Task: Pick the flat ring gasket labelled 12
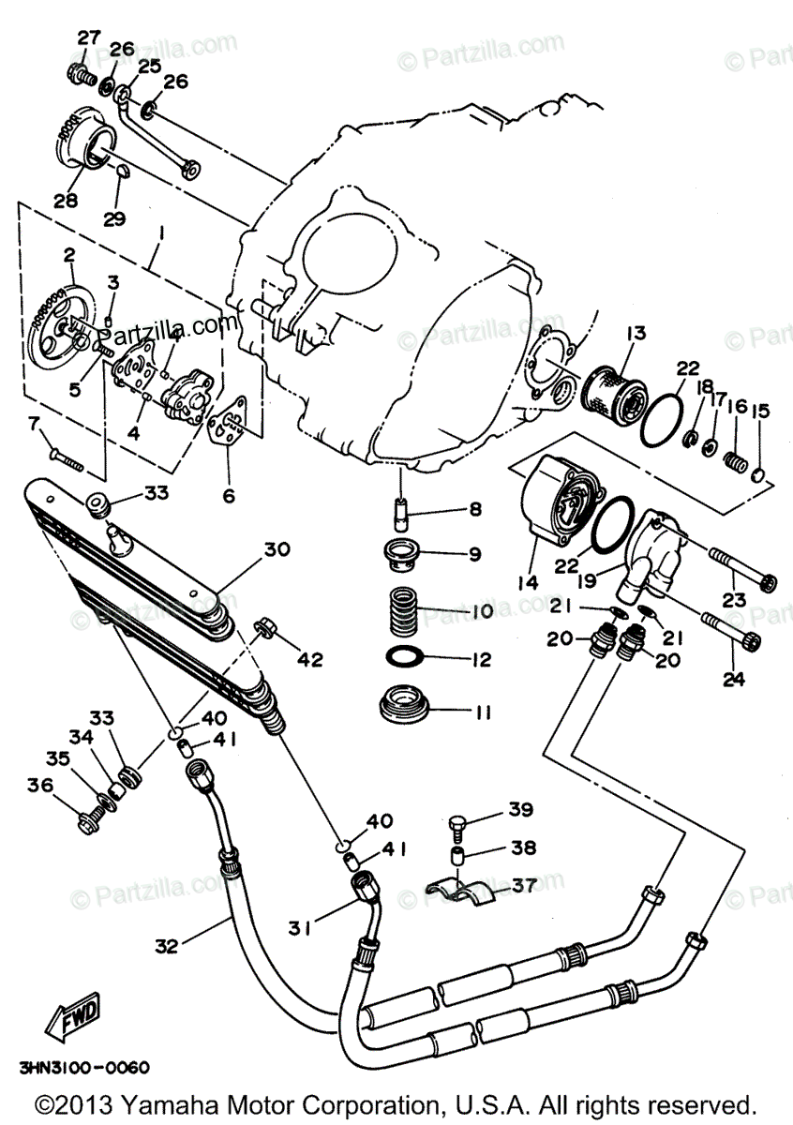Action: click(405, 659)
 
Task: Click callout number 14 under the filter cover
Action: click(527, 582)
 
